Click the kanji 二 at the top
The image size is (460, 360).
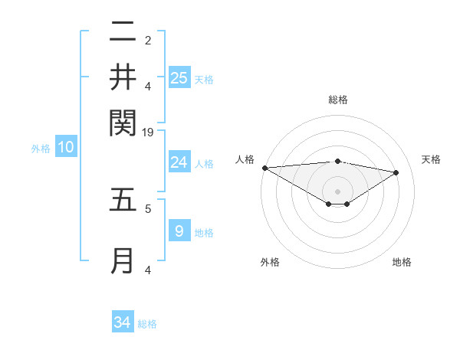pos(123,32)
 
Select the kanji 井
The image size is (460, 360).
pos(123,77)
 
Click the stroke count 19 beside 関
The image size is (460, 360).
pos(148,132)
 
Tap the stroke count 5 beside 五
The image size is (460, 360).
pos(148,208)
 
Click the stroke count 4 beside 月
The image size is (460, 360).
pos(148,270)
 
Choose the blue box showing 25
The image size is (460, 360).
pos(179,77)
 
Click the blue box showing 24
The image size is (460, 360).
pos(179,162)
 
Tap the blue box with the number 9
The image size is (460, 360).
pos(179,231)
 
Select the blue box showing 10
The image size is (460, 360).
pos(66,148)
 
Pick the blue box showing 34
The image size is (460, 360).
pos(123,322)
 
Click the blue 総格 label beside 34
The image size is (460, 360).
pos(147,324)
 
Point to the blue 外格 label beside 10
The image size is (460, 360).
pos(41,149)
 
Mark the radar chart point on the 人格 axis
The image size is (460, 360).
pos(264,168)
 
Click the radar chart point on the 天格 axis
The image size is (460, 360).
pos(396,172)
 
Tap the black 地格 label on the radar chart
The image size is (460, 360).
pos(402,262)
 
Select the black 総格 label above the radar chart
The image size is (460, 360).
pos(337,100)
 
